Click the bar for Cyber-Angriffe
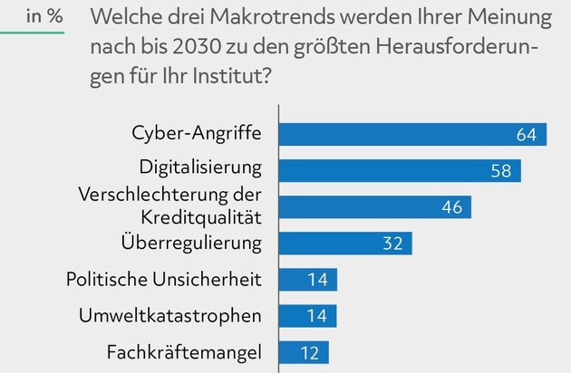point(412,135)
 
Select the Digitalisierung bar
point(400,171)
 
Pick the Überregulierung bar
point(345,244)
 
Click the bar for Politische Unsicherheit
point(307,280)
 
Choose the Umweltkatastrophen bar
point(307,316)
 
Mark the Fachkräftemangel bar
point(304,352)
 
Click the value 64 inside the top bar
point(527,135)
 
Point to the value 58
point(501,171)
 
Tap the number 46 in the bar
point(451,207)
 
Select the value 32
point(392,244)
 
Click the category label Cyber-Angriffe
point(197,135)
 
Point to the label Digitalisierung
point(200,168)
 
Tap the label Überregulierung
point(191,243)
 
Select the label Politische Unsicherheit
point(164,279)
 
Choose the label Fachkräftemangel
point(184,351)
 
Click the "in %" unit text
point(44,15)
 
